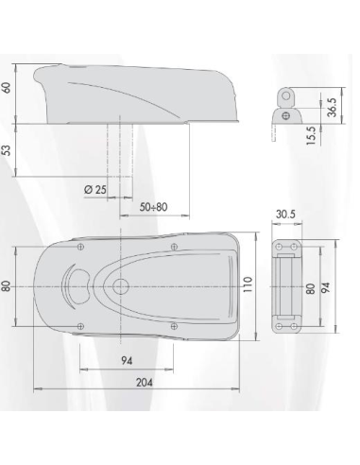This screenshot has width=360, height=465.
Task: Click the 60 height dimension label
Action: [7, 87]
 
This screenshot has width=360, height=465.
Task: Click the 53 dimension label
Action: [7, 150]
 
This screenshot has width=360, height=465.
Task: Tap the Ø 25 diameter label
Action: [95, 190]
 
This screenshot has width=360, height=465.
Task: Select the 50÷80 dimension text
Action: [153, 207]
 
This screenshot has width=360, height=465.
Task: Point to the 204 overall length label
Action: [145, 382]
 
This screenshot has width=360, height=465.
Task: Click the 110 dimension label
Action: [248, 284]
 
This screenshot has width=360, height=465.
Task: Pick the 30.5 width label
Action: [285, 215]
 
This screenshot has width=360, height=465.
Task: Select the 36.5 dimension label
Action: [332, 108]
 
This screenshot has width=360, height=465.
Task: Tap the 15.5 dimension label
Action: [311, 135]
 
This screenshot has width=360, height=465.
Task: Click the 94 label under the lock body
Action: [127, 361]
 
